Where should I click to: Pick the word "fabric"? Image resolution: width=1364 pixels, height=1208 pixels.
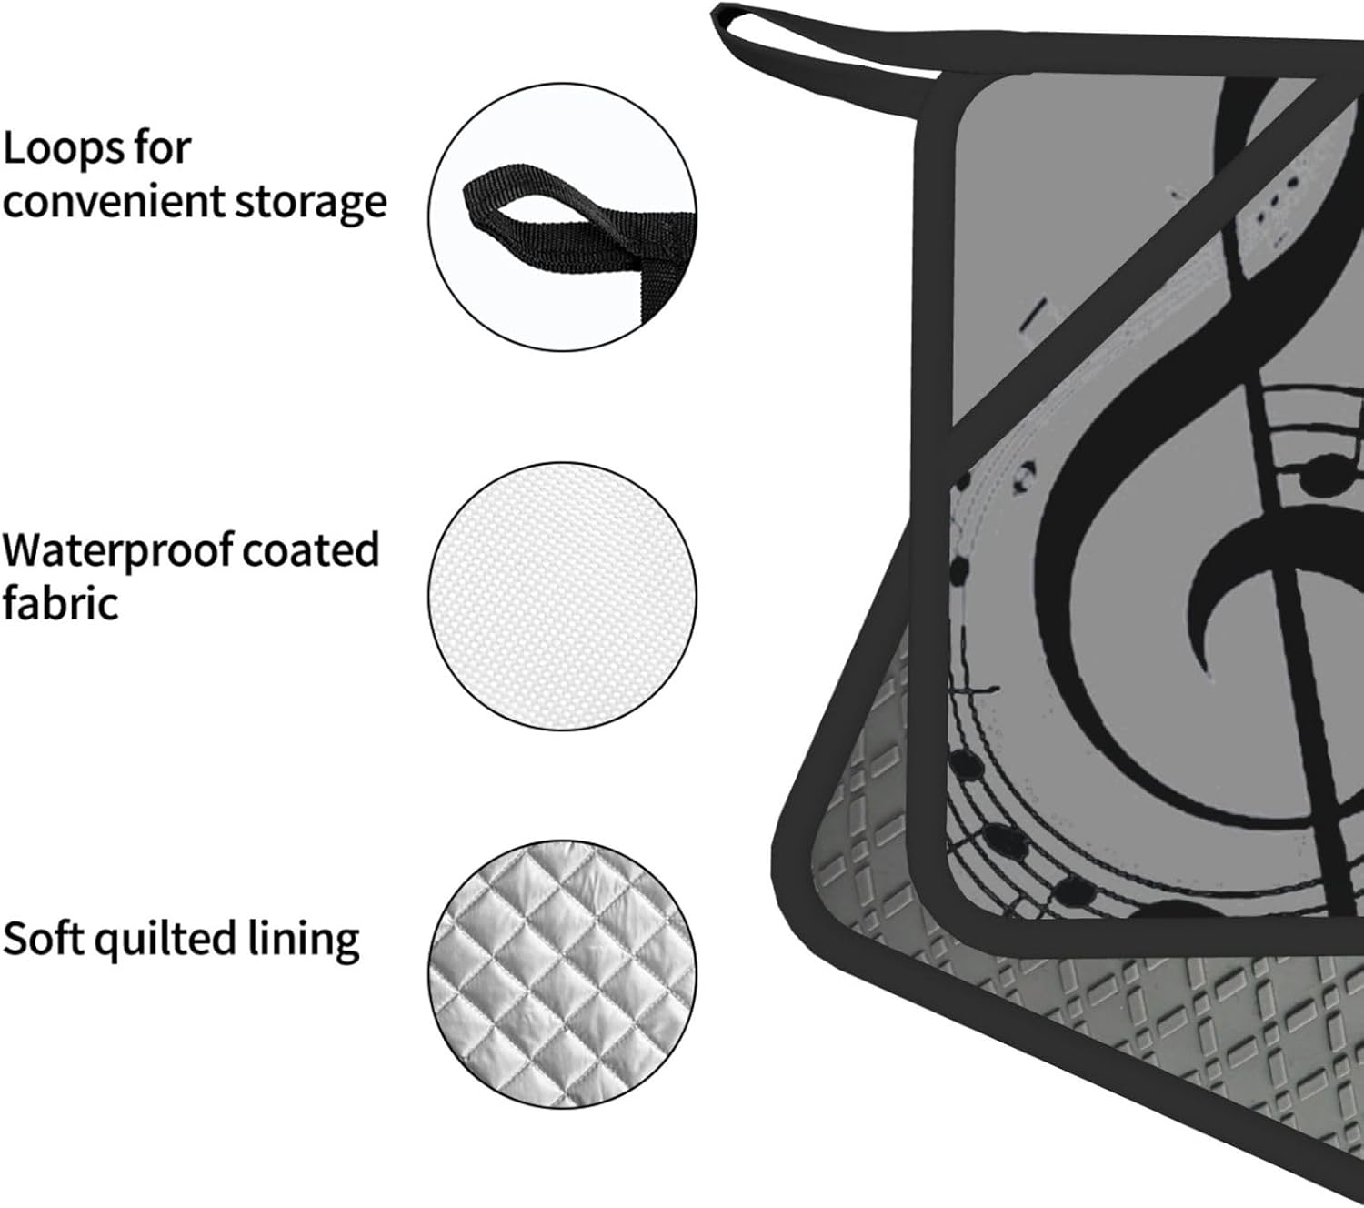(x=60, y=604)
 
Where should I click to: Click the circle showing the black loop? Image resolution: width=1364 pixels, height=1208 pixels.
(x=564, y=216)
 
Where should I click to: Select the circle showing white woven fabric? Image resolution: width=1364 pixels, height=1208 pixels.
(x=564, y=597)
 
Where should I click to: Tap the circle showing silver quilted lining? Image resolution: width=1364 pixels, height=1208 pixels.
(x=564, y=973)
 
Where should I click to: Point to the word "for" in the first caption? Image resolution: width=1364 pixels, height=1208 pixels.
(x=165, y=147)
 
